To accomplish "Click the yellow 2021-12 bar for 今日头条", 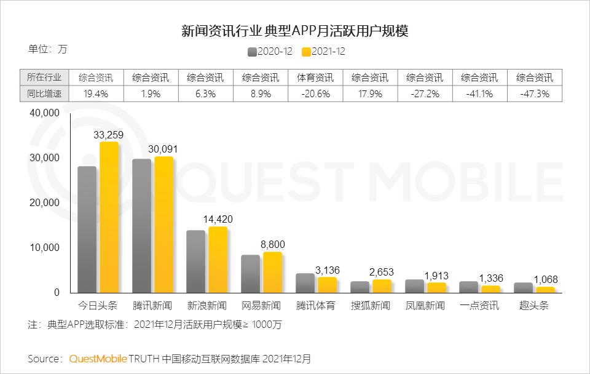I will [x=109, y=217].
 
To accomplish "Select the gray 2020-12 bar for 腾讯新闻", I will [x=141, y=226].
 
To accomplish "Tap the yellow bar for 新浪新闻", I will [x=218, y=260].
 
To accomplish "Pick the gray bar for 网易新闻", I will [x=250, y=274].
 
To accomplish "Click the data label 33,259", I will [x=109, y=134].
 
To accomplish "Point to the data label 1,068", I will [x=546, y=280].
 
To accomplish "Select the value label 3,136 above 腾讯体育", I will [x=327, y=271].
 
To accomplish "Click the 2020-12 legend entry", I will [x=270, y=52].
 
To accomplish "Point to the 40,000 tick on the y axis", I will [x=45, y=113].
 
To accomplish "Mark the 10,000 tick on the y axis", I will [x=45, y=248].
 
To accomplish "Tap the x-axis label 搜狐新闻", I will [x=371, y=306].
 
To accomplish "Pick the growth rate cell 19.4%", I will [x=96, y=94].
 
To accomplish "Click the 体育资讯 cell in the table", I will [x=316, y=78].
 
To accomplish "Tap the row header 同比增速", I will [x=44, y=94].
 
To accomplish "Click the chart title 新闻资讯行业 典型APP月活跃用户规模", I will [x=295, y=31].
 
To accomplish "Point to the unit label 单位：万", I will [x=47, y=49].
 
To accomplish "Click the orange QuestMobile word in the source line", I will [x=98, y=358].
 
